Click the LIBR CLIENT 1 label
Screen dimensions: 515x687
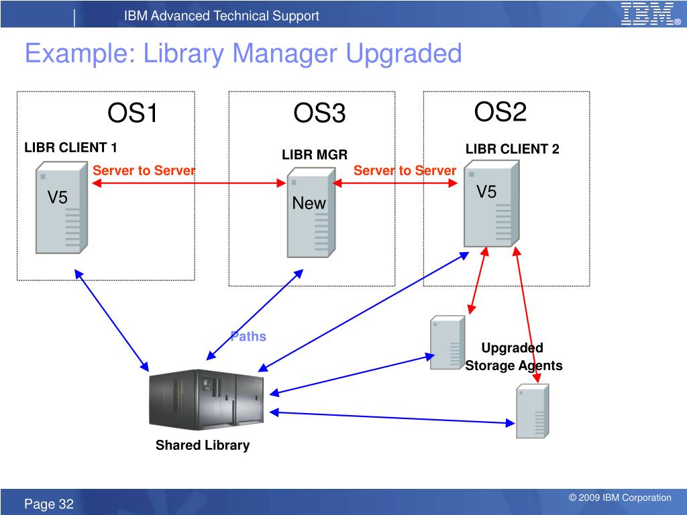[71, 148]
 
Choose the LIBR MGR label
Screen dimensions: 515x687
[315, 155]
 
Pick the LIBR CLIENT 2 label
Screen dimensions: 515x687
[513, 149]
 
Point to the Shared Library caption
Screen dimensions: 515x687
[203, 445]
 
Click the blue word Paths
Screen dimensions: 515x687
[248, 337]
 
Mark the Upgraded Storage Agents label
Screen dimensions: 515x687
[513, 357]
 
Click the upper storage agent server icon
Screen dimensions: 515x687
[447, 342]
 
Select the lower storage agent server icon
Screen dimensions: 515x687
[532, 411]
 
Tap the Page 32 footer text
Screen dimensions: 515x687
[50, 504]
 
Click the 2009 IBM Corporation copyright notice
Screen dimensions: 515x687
[620, 498]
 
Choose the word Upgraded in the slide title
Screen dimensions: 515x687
[404, 54]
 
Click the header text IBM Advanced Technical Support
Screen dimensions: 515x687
[221, 16]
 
